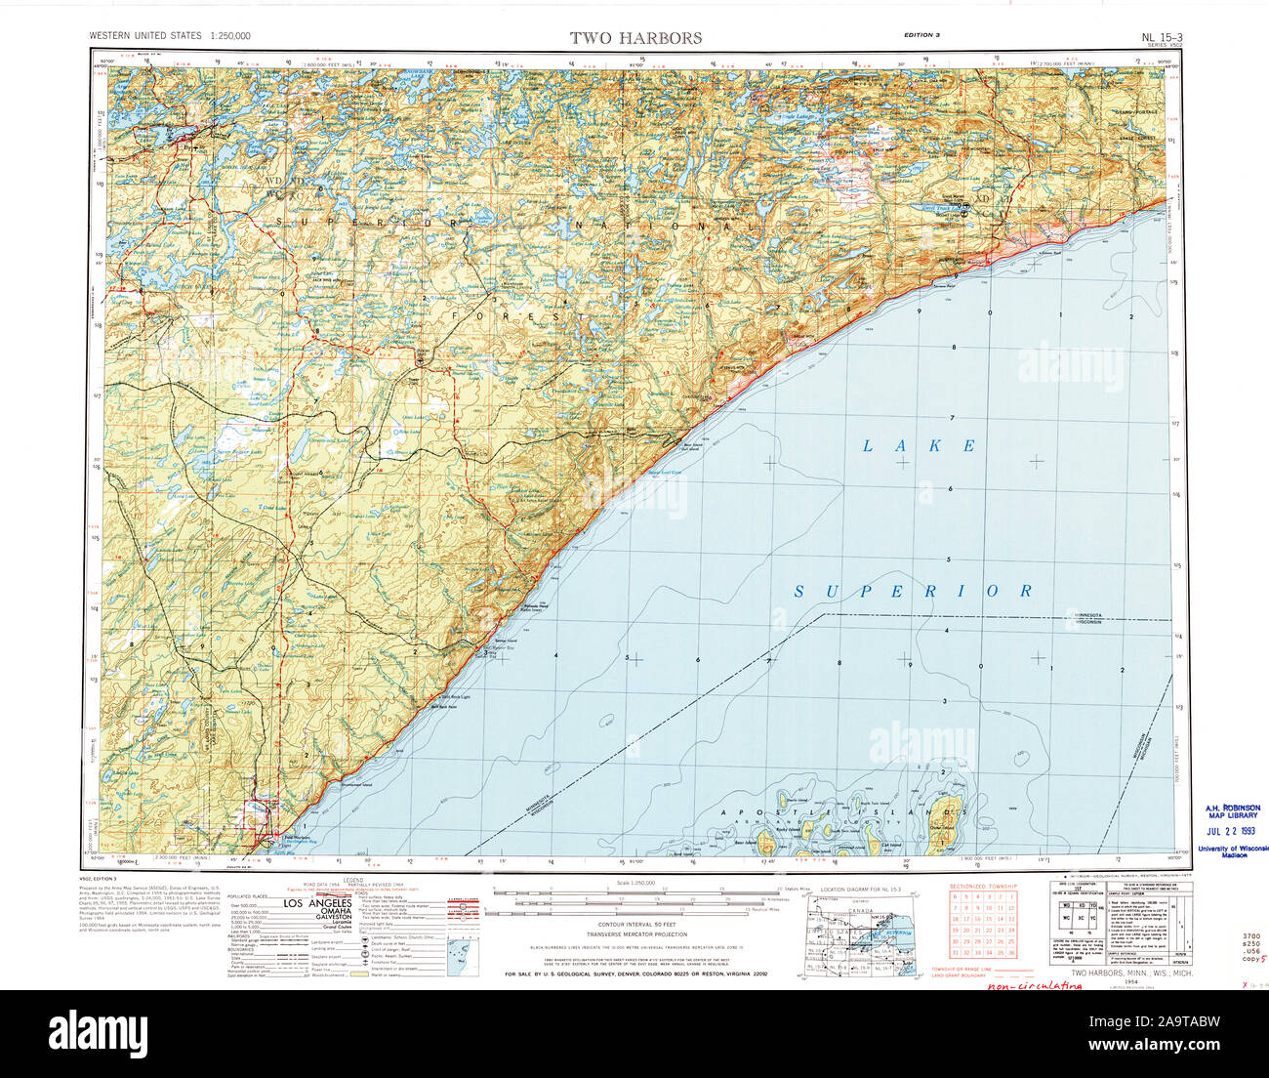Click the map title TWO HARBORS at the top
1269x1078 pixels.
click(635, 38)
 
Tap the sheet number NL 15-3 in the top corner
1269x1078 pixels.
click(1161, 37)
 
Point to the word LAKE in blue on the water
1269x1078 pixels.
click(919, 446)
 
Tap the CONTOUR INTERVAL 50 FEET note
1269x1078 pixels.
click(635, 924)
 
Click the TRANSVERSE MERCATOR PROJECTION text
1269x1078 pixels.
click(635, 934)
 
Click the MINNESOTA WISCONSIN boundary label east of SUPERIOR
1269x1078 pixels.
click(1086, 620)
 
